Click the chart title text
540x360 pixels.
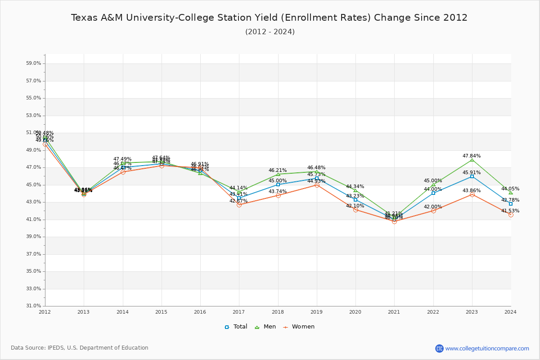[269, 18]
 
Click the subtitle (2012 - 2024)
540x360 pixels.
[270, 32]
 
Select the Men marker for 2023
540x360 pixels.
[472, 160]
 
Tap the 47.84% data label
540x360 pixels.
[472, 156]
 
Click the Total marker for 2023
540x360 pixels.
[472, 176]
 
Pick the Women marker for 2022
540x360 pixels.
[433, 211]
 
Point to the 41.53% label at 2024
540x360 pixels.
[510, 211]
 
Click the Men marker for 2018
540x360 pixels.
[278, 174]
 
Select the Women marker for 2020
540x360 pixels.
[355, 210]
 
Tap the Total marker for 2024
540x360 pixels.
[511, 204]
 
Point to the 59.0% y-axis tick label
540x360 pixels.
[34, 63]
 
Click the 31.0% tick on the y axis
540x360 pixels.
[34, 306]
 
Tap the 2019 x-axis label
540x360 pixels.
[317, 312]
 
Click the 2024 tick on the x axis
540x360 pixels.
[510, 312]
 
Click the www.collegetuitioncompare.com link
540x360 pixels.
[487, 348]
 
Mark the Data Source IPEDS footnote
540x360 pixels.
[80, 348]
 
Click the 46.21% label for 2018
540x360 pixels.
[278, 171]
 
